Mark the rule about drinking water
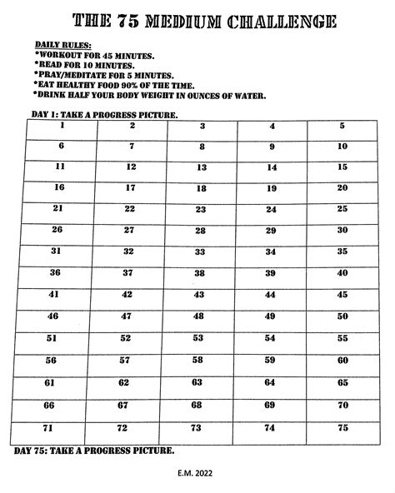coord(151,95)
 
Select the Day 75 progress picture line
coord(94,451)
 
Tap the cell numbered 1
coord(62,131)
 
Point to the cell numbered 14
coord(271,171)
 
